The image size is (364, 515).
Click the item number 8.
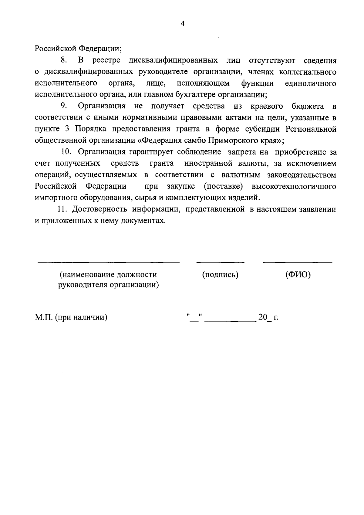point(64,60)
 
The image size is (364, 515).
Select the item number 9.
point(64,106)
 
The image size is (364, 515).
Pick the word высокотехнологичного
point(294,186)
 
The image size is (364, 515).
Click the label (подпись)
point(220,275)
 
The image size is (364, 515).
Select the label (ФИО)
point(298,275)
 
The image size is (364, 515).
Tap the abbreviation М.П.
point(44,317)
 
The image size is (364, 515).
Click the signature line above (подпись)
point(220,261)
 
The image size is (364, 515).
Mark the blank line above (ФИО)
point(298,261)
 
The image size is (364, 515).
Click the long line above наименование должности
point(109,261)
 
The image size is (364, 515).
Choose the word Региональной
point(311,129)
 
